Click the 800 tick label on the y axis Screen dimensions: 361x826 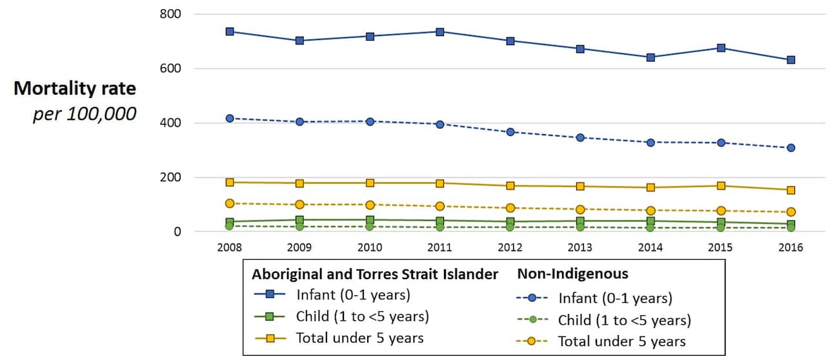(170, 14)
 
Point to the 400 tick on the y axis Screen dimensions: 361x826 (170, 123)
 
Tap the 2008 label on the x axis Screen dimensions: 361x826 (229, 248)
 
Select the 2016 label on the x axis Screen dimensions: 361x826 (791, 248)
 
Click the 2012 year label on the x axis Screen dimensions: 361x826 (510, 248)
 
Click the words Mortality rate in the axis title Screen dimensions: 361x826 (75, 88)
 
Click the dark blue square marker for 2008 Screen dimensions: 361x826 (229, 32)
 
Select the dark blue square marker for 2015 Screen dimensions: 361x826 (721, 48)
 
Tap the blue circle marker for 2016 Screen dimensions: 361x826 (791, 148)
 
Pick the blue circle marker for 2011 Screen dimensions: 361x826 (439, 124)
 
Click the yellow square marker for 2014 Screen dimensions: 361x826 (650, 188)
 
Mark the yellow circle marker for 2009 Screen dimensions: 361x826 (299, 204)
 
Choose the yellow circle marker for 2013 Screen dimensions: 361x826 (580, 210)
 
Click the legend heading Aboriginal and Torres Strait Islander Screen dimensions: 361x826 (375, 275)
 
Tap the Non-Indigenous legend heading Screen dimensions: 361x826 (572, 274)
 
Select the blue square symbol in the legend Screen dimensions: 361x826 (271, 295)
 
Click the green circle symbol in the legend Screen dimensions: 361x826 (532, 320)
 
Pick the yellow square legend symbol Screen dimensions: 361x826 (271, 338)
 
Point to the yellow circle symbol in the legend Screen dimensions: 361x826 (532, 342)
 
